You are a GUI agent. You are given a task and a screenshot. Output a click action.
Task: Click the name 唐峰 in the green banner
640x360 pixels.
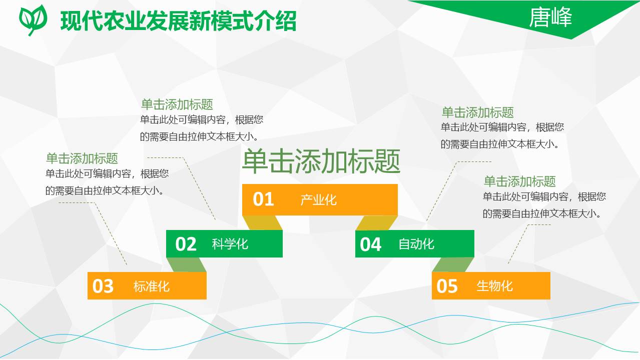pos(550,18)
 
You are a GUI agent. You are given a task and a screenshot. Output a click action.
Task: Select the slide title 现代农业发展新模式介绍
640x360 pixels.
pos(178,21)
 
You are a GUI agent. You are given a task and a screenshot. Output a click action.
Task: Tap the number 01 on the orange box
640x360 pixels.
pos(263,199)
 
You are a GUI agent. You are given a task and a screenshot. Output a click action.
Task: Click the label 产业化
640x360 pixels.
pos(319,200)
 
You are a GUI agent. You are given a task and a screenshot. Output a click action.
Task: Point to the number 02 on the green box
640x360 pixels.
pos(186,244)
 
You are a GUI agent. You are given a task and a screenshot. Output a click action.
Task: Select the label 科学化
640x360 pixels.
pos(230,244)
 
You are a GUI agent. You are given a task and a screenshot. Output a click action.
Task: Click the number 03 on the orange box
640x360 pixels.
pos(103,286)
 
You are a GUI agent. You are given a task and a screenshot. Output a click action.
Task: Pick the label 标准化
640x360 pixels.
pos(151,286)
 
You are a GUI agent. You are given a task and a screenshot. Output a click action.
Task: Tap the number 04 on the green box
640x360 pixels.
pos(370,244)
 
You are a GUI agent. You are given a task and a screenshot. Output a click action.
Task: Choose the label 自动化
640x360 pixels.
pos(416,244)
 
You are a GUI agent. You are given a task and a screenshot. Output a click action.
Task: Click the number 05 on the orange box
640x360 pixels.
pos(447,286)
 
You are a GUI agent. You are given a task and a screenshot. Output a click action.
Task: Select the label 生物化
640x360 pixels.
pos(494,286)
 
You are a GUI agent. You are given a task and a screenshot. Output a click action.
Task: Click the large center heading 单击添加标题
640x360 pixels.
pos(321,161)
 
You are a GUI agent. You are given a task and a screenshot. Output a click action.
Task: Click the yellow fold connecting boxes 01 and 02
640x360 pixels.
pos(262,223)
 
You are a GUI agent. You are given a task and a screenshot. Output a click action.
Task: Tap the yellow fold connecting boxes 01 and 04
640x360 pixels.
pos(376,223)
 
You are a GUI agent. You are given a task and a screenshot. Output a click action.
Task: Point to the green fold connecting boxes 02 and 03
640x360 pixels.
pos(186,265)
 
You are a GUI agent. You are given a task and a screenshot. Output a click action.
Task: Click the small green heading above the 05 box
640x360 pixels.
pos(519,181)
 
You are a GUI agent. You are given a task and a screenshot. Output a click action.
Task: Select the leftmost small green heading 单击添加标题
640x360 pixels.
pos(82,158)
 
